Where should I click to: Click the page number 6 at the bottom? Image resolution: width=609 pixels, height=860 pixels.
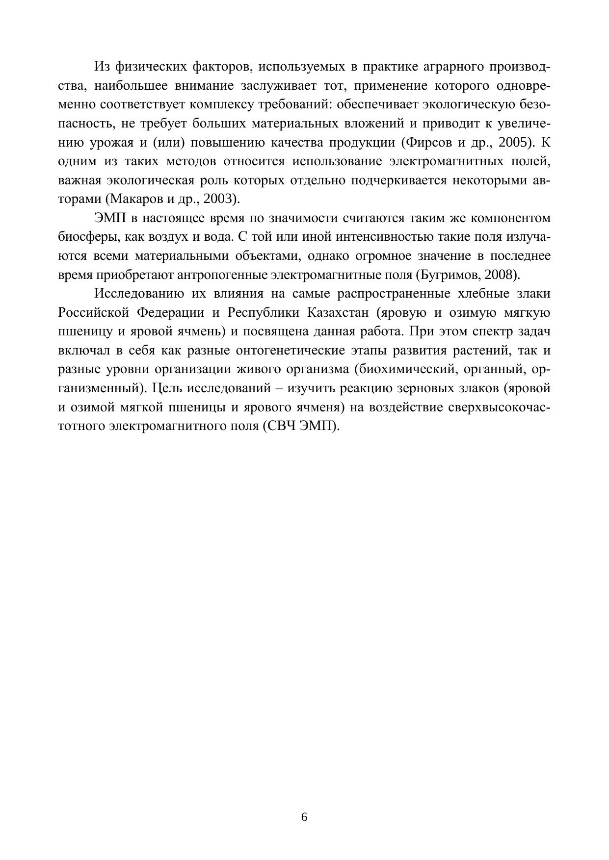click(x=304, y=817)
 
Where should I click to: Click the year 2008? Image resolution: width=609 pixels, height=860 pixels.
click(x=500, y=275)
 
